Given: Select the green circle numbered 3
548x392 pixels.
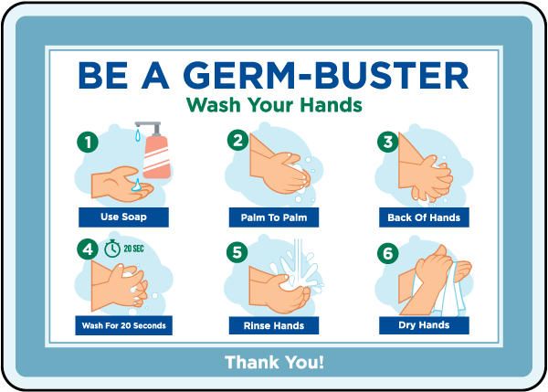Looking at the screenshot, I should point(388,141).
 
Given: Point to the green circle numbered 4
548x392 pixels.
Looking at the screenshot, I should point(87,249).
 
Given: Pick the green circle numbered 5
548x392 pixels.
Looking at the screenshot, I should point(237,249).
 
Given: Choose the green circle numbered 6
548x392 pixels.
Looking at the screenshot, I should point(388,249).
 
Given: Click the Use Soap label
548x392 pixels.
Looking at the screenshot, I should point(123,217).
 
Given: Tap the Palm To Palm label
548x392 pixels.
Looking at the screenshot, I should point(274,217).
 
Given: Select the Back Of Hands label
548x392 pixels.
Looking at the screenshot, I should point(425,217).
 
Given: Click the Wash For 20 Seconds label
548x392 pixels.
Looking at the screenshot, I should point(123,324).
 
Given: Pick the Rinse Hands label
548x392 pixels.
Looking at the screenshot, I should point(274,324).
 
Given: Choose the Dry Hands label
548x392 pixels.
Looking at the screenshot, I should point(425,324).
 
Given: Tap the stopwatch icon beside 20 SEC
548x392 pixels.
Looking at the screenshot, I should point(112,248).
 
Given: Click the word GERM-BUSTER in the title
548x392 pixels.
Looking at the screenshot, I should point(339,75).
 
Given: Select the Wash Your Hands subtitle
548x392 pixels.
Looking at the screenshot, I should point(274,105).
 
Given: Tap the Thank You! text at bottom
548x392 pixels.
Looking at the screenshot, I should point(274,362).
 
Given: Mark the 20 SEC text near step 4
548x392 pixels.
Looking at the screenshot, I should point(135,248).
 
